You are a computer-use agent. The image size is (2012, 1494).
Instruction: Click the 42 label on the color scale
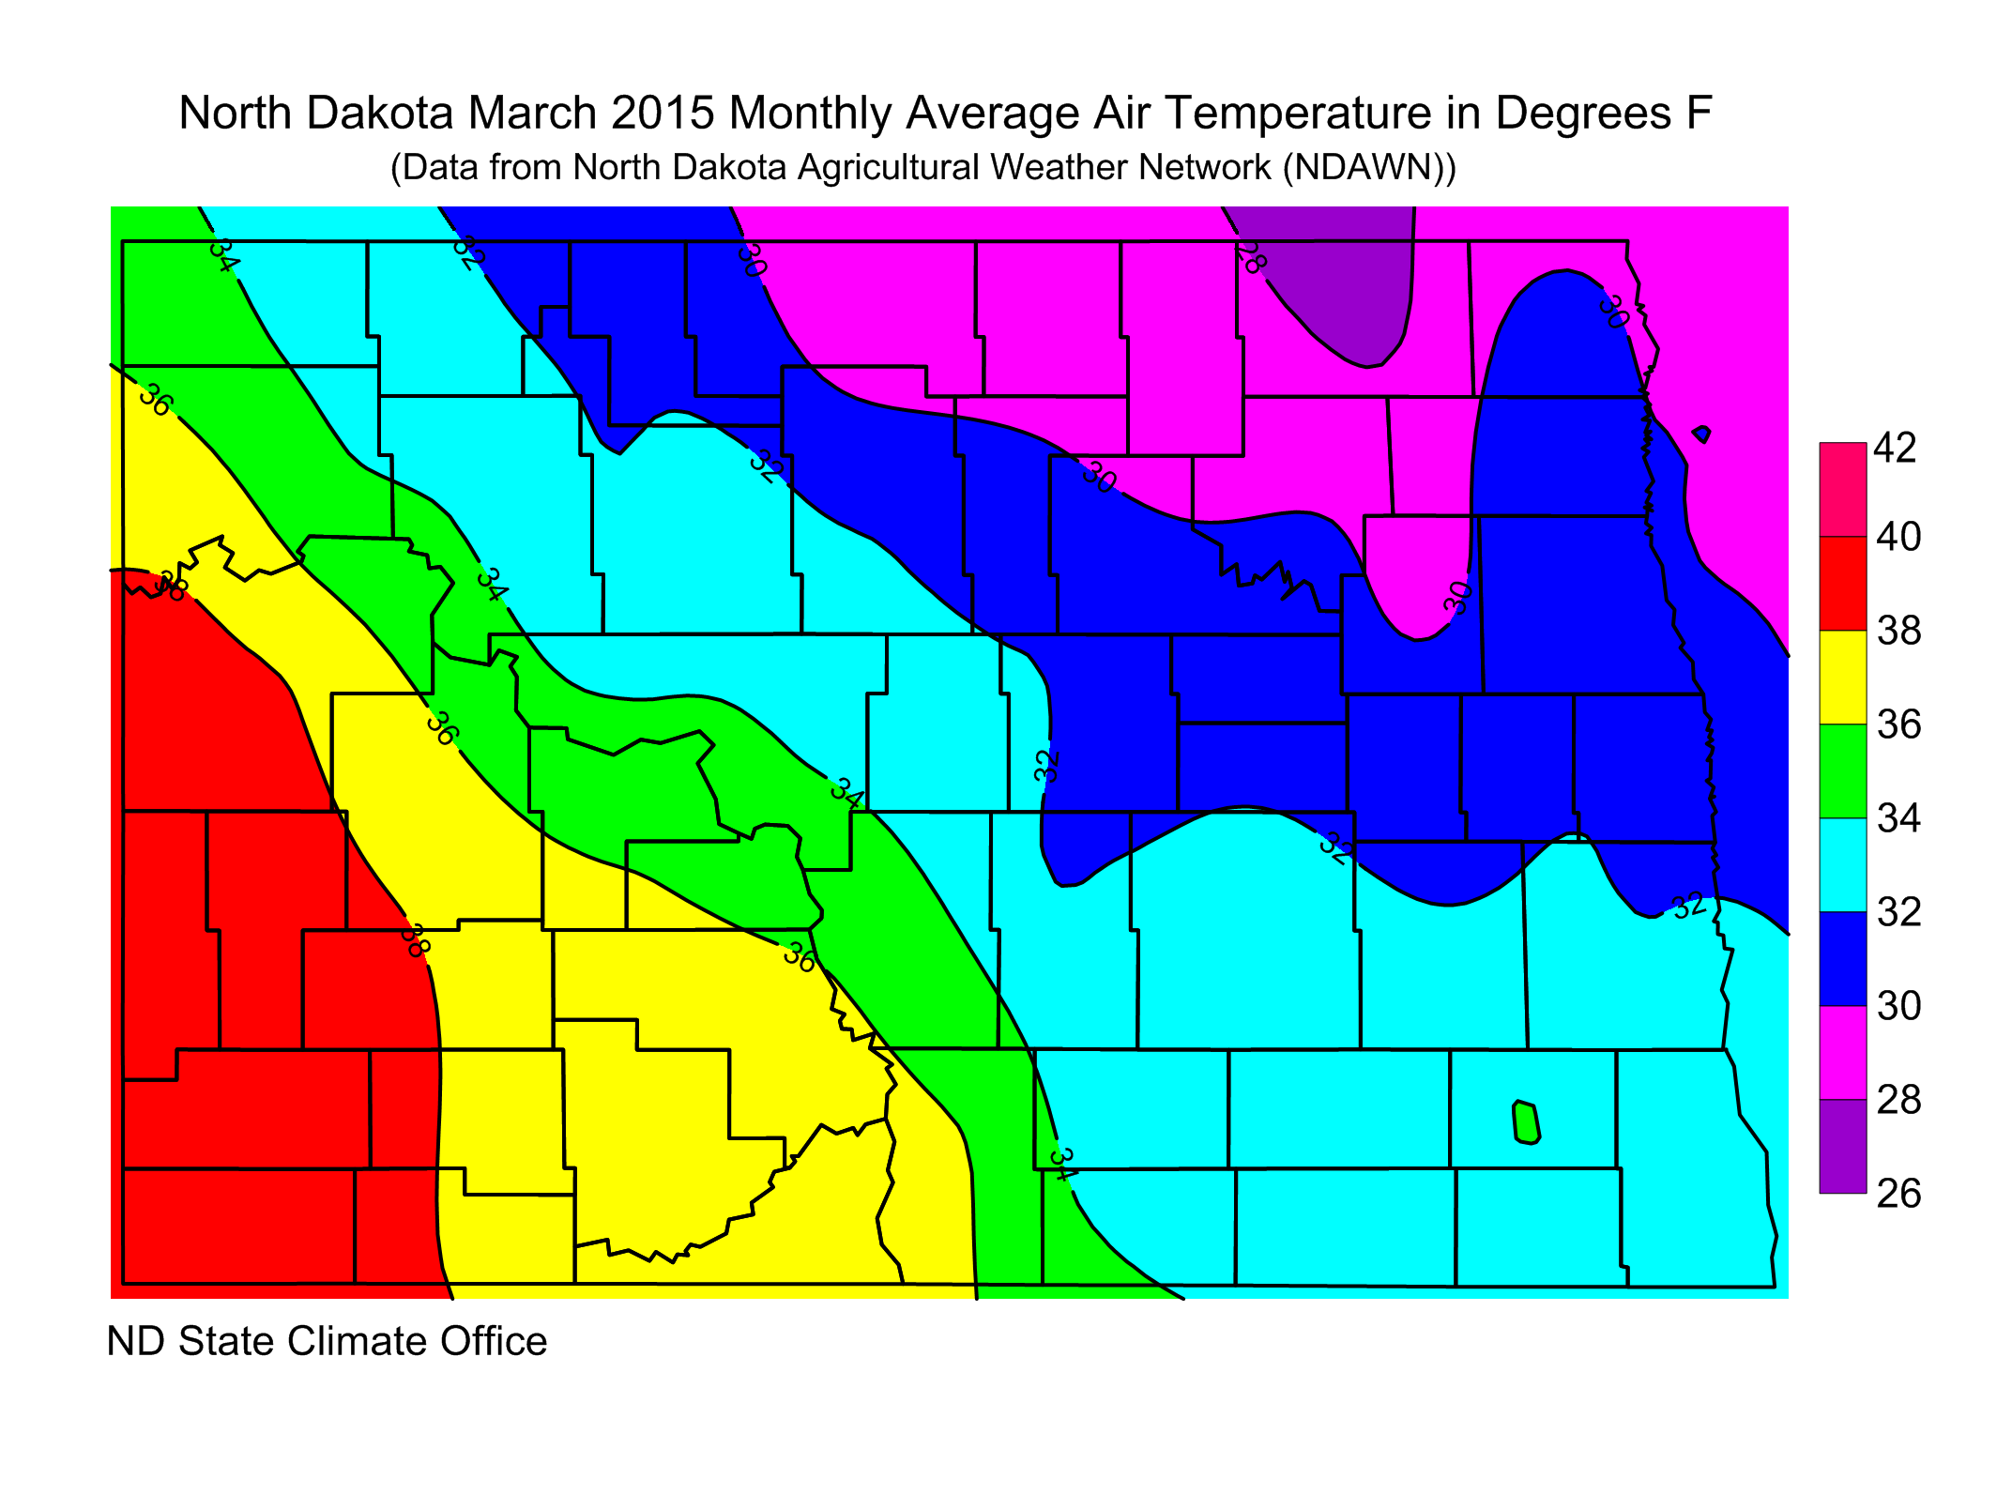point(1895,449)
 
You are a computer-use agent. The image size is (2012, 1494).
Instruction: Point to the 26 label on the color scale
point(1898,1194)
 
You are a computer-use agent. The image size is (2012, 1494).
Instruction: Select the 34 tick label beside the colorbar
point(1898,818)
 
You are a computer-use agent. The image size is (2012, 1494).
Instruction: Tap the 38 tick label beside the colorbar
point(1898,631)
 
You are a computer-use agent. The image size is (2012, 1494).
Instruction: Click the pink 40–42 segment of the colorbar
point(1843,490)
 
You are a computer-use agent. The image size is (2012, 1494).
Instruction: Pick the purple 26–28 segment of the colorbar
point(1843,1147)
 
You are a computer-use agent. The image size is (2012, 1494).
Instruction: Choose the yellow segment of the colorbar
point(1843,678)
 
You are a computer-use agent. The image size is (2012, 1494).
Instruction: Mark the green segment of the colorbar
point(1843,771)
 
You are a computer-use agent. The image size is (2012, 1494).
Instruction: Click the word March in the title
point(533,114)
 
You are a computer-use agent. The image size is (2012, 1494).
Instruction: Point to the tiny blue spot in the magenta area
point(1701,434)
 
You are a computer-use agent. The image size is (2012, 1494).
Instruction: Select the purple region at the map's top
point(1342,282)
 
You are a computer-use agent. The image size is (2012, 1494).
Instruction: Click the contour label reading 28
point(1251,256)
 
